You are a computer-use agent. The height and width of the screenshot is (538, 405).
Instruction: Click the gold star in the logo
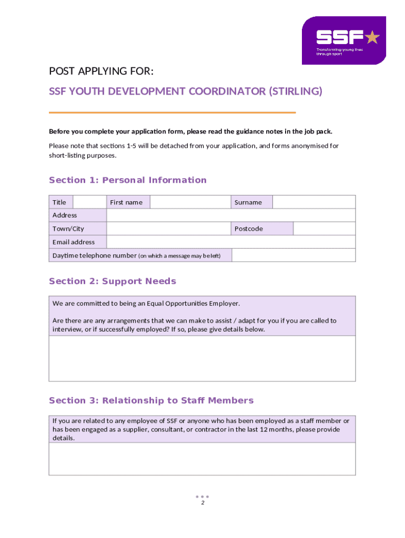click(x=372, y=37)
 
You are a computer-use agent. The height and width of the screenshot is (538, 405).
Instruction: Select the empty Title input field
click(x=89, y=202)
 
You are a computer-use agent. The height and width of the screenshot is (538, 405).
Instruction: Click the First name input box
click(x=190, y=202)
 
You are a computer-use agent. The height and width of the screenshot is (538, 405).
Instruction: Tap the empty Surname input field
click(x=313, y=202)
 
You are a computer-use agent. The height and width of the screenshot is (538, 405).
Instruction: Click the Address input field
click(x=231, y=215)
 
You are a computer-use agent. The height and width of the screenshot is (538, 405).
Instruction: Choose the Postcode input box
click(x=324, y=229)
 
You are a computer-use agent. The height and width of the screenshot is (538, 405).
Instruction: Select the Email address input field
click(x=231, y=242)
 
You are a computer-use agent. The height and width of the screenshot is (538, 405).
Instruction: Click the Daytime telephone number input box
click(x=293, y=255)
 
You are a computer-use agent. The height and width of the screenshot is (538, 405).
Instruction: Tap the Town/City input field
click(x=169, y=229)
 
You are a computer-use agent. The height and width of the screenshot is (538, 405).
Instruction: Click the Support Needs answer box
click(x=202, y=358)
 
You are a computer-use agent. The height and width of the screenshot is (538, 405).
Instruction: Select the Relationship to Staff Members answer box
click(x=202, y=459)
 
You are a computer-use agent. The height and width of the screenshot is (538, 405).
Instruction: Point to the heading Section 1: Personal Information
click(x=128, y=180)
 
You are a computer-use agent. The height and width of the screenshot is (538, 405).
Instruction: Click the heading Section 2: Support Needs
click(x=113, y=281)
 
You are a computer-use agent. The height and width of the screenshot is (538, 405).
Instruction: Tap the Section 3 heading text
click(x=151, y=400)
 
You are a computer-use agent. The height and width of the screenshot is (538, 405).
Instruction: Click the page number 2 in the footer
click(x=202, y=503)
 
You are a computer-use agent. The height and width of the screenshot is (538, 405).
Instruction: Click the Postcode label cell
click(x=262, y=229)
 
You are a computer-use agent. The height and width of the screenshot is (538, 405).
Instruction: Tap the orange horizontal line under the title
click(x=172, y=112)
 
